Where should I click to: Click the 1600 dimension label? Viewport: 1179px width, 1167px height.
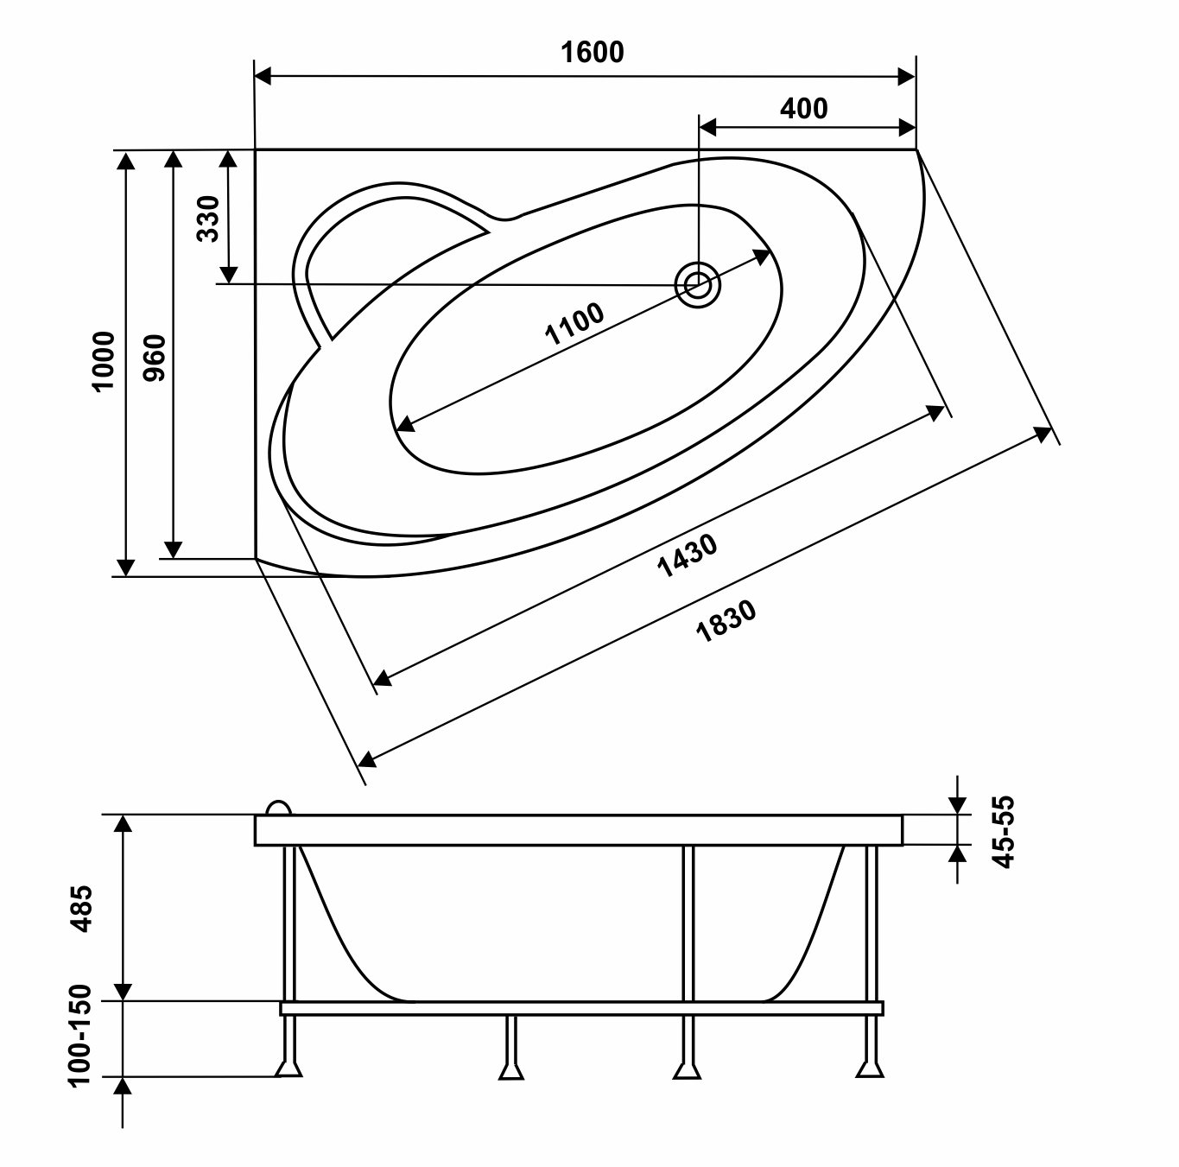coord(592,53)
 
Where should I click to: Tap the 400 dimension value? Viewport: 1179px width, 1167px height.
coord(803,109)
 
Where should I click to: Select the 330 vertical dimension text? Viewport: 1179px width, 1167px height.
coord(209,219)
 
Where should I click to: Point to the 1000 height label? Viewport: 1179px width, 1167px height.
coord(103,361)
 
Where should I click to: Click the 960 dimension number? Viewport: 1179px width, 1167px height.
coord(155,358)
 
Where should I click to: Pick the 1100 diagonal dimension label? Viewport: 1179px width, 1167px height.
coord(574,324)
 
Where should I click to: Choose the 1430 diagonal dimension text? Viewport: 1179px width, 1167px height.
coord(687,555)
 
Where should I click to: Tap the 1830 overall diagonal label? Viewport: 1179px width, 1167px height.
coord(726,621)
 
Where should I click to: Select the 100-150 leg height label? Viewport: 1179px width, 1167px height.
coord(80,1036)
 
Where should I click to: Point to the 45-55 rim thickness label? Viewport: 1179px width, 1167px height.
coord(1004,832)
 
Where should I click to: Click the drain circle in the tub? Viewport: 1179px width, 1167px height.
coord(698,284)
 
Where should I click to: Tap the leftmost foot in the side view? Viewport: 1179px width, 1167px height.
coord(288,1069)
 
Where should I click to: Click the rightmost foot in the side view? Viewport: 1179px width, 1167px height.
coord(870,1069)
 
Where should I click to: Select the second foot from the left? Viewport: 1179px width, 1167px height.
coord(510,1071)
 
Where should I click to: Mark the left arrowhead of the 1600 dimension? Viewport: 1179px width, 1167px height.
coord(263,77)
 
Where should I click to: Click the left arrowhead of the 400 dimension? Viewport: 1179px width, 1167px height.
coord(707,128)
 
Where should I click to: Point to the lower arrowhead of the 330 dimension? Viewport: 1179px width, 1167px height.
coord(228,276)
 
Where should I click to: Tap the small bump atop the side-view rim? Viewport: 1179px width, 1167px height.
coord(278,808)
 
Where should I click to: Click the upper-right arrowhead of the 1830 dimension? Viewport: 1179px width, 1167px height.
coord(1043,434)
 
